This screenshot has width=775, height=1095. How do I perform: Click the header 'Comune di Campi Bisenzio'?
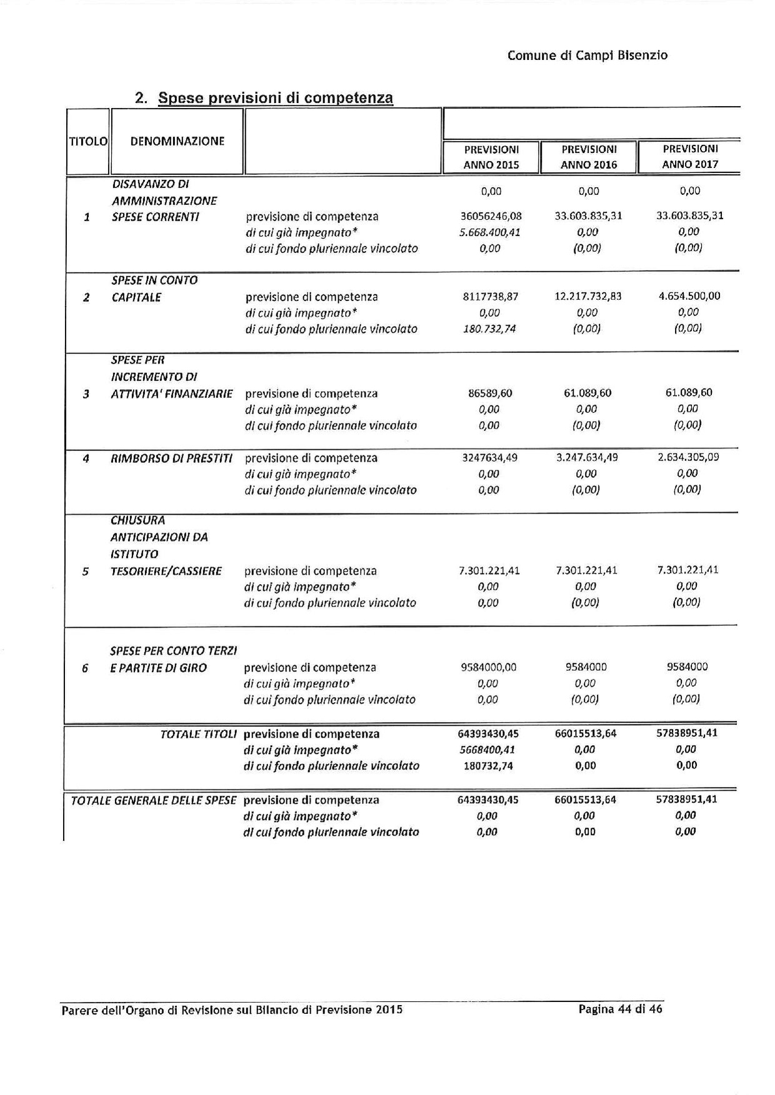pos(587,56)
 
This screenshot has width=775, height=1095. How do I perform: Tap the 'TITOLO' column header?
pos(88,141)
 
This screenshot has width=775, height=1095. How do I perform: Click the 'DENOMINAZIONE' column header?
pos(177,141)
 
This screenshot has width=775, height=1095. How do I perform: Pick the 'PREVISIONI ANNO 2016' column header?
pos(588,157)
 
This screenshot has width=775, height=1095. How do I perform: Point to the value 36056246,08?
pos(491,216)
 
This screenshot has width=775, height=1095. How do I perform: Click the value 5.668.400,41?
pos(489,232)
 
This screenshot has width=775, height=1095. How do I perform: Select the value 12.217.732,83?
pos(588,296)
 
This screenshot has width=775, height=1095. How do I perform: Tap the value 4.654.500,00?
pos(689,296)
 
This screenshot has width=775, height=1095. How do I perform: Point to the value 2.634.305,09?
pos(688,457)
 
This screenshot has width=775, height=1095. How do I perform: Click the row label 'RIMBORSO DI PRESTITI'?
pos(171,458)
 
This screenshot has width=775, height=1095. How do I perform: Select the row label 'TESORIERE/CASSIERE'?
pos(166,571)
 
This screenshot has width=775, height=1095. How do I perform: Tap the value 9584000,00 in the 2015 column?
pos(489,667)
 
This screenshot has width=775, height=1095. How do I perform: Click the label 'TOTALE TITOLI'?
pos(198,735)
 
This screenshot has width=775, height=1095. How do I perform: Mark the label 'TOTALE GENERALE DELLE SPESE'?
pos(153,800)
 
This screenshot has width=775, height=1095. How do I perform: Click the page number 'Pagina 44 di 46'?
pos(620,1009)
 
